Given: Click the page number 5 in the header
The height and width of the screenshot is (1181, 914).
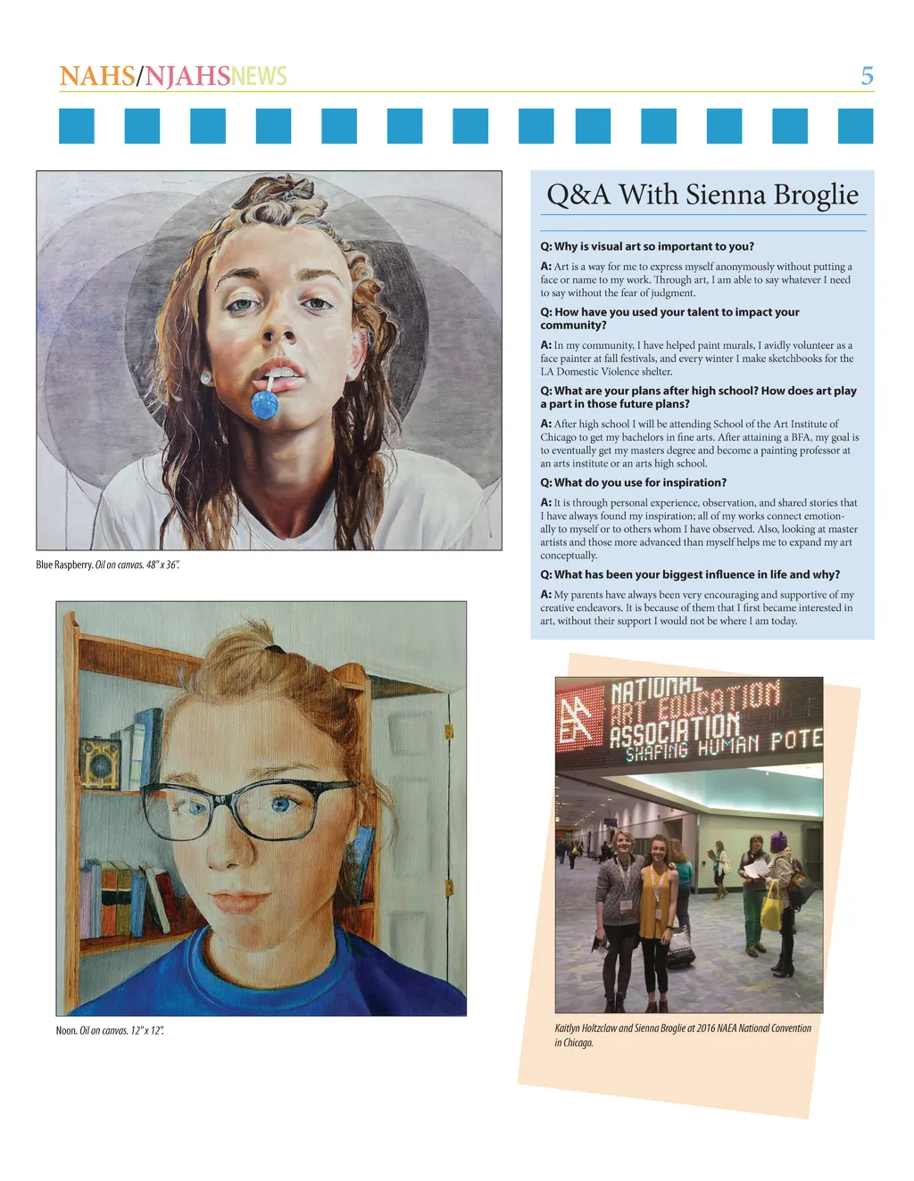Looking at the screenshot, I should pos(867,76).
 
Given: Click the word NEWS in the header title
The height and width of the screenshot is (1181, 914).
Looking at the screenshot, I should pos(259,77).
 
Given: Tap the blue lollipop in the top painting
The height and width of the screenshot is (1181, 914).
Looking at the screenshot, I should pos(265,404).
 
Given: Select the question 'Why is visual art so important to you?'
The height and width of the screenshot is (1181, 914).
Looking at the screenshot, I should pos(647,246).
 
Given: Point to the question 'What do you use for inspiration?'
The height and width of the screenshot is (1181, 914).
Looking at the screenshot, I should pos(634,483).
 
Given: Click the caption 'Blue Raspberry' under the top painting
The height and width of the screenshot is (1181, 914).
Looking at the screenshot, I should pos(64,565).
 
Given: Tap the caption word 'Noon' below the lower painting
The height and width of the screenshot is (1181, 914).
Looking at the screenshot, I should pos(66,1030).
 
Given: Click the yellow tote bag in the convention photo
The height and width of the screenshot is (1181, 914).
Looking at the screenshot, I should pos(771,905).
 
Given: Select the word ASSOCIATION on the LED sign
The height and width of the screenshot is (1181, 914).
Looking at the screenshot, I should pos(675,731).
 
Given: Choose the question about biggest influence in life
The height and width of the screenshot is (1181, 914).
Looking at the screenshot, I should pos(690,574).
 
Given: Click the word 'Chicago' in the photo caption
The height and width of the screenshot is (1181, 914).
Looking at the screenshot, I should pos(577,1043).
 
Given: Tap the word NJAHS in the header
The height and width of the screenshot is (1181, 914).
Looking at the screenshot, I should pos(187,77).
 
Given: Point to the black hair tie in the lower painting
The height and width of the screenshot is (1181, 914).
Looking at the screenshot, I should pos(274,648).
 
